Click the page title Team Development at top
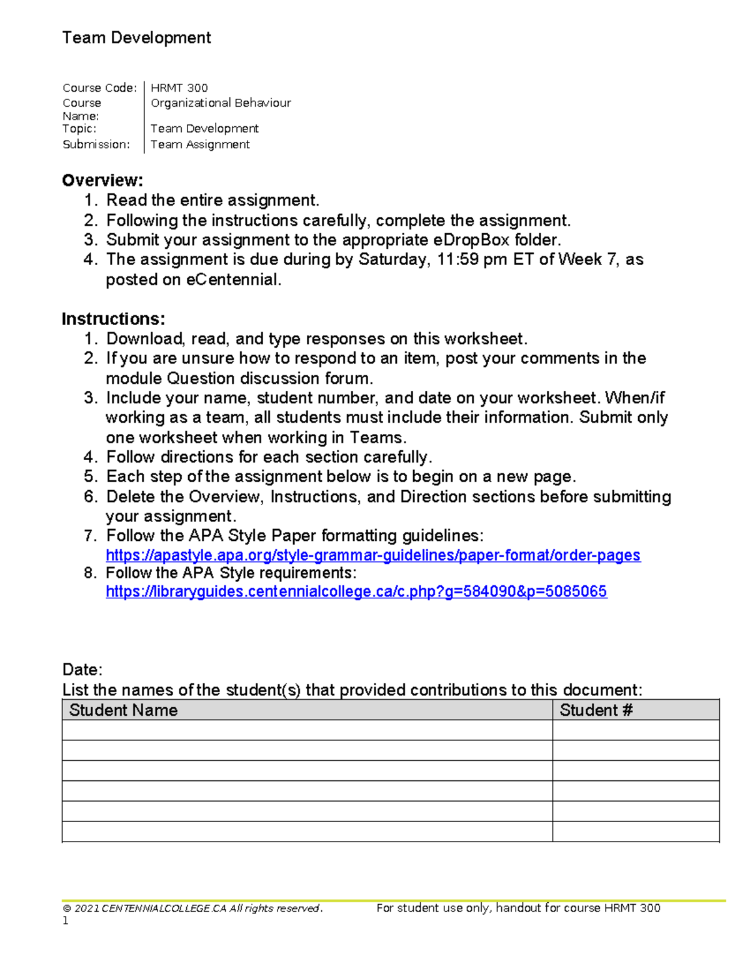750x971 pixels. click(x=136, y=38)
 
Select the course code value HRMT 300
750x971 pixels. click(x=179, y=88)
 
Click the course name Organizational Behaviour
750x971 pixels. click(x=221, y=103)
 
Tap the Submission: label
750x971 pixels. click(x=96, y=144)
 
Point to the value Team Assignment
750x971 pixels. click(x=200, y=144)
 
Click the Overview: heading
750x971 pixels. click(x=102, y=181)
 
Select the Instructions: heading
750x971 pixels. click(x=113, y=319)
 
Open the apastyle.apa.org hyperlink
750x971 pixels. click(x=373, y=555)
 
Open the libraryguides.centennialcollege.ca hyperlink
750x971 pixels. click(x=356, y=591)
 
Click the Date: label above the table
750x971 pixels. click(x=82, y=670)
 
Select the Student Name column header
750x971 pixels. click(x=123, y=710)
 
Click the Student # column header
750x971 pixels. click(x=596, y=710)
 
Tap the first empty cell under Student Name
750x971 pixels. click(x=307, y=730)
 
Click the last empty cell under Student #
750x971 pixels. click(x=636, y=832)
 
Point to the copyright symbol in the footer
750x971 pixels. click(x=66, y=908)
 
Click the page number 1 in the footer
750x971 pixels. click(x=66, y=921)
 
